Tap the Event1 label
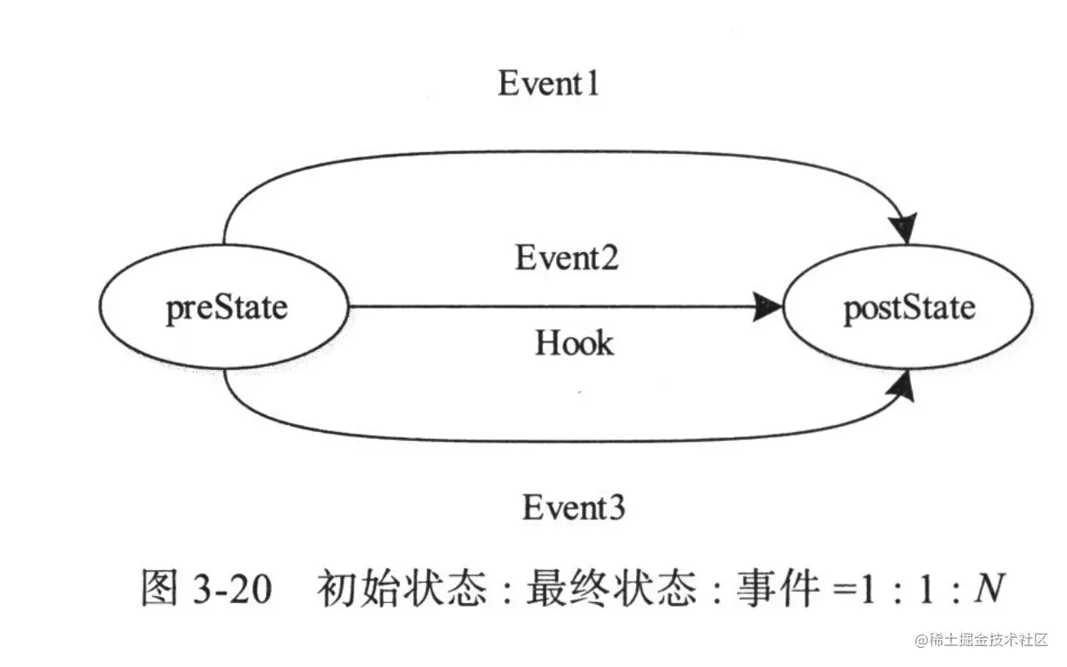click(549, 83)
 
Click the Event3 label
click(574, 508)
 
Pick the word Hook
click(574, 343)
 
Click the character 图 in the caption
click(159, 590)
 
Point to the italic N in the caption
click(989, 590)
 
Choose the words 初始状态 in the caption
click(401, 590)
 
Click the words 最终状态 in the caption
click(613, 590)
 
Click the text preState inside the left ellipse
click(226, 308)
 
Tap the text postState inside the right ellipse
click(909, 308)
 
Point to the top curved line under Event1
click(550, 153)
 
